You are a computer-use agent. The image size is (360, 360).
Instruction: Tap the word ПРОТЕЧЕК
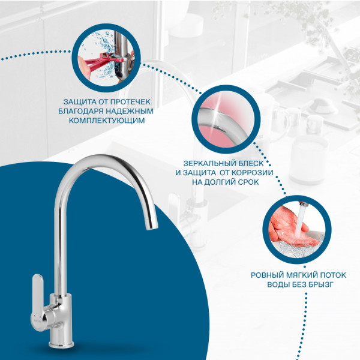pos(131,102)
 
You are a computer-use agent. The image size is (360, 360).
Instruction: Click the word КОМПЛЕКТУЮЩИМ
pos(107,121)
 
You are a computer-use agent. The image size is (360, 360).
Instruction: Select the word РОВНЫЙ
pos(267,275)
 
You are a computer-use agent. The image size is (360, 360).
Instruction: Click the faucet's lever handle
pos(38,298)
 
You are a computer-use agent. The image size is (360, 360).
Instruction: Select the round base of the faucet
pos(61,343)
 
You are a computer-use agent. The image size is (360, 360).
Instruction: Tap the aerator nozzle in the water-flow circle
pos(304,203)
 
